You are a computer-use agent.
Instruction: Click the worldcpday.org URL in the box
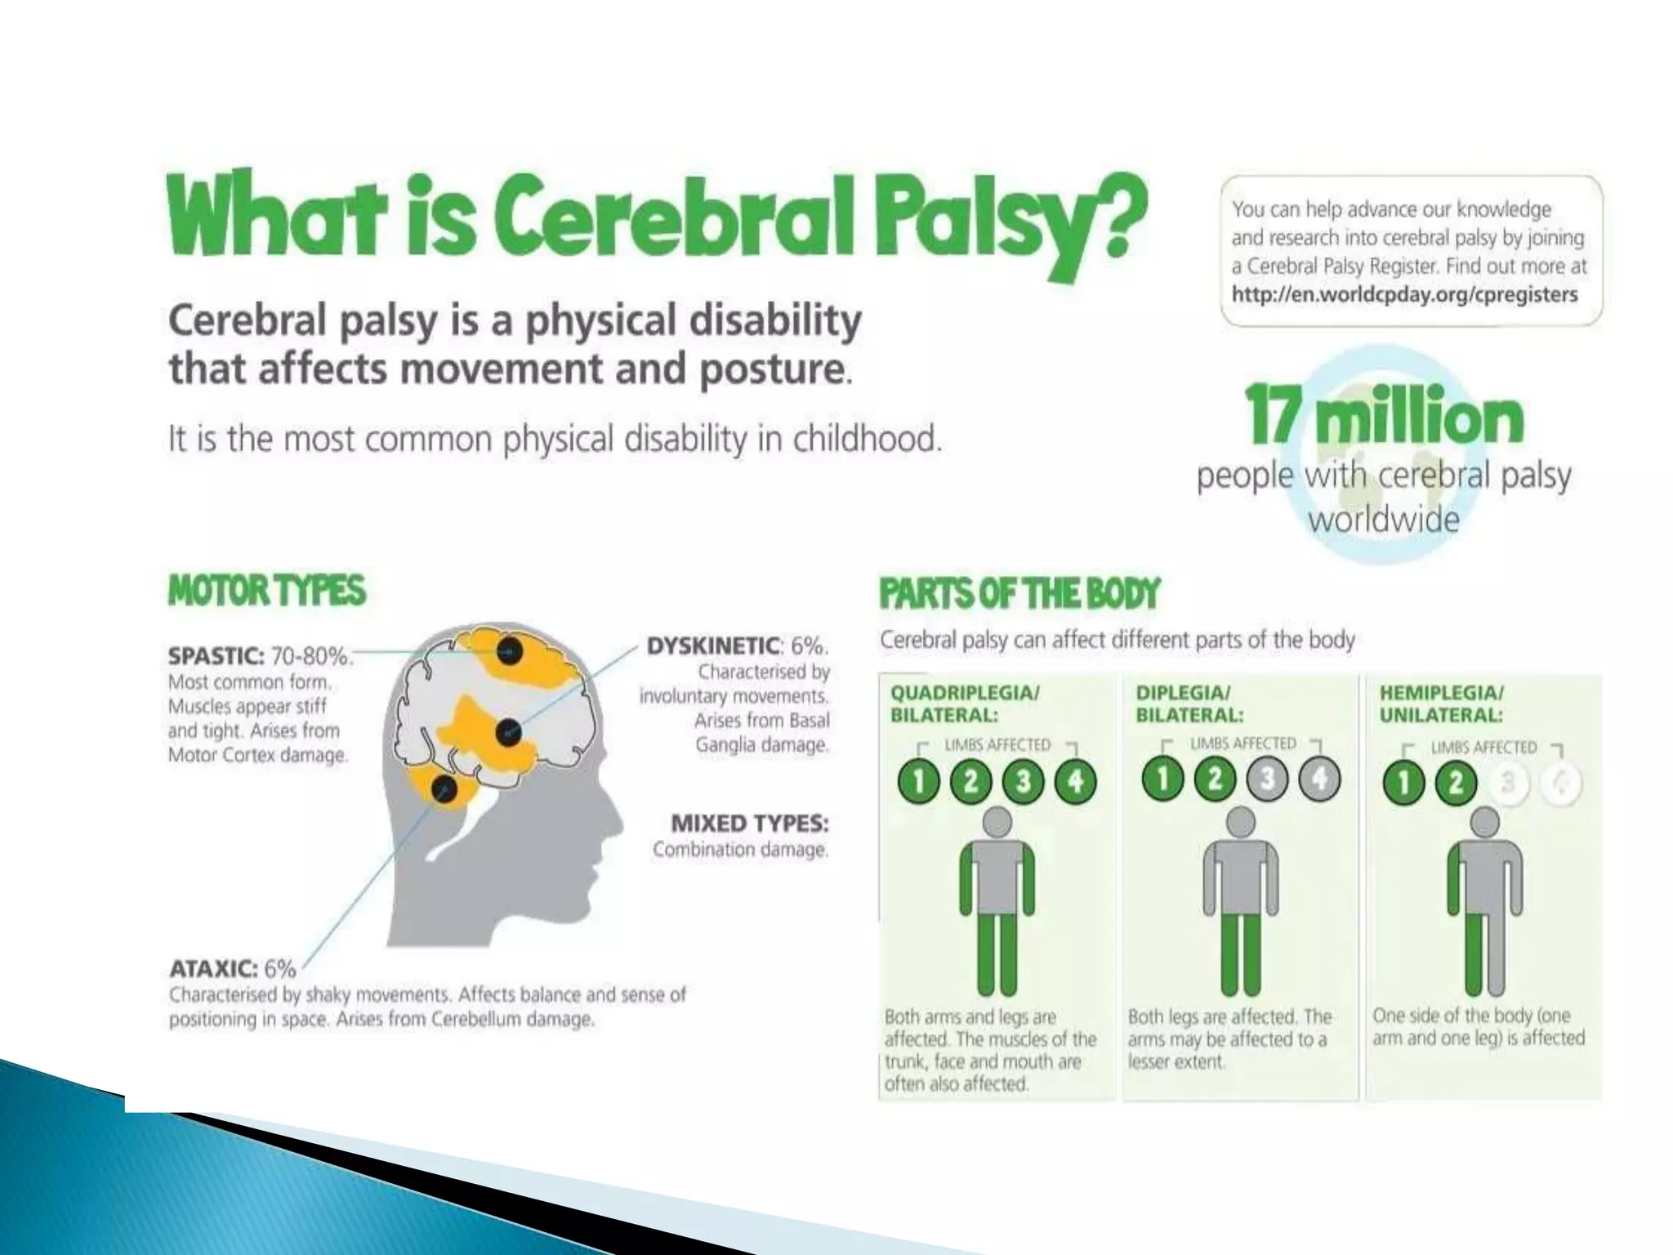[x=1404, y=294]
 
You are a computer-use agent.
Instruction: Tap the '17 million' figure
[x=1384, y=416]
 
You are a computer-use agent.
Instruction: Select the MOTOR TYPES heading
[x=266, y=591]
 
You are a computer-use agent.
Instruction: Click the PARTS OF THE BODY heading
[x=1019, y=593]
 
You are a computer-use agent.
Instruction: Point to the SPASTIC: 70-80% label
[x=259, y=656]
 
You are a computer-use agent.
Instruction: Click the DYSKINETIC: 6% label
[x=737, y=646]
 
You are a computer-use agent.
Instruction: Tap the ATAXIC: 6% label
[x=232, y=969]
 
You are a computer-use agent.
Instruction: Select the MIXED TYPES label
[x=749, y=822]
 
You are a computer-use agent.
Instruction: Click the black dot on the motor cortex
[x=509, y=651]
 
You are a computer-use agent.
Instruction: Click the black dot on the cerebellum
[x=444, y=789]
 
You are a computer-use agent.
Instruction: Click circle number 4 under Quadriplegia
[x=1075, y=782]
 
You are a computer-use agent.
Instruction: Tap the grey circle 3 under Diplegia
[x=1267, y=779]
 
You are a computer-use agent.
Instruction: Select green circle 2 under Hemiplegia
[x=1456, y=783]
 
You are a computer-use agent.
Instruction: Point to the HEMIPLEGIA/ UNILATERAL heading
[x=1441, y=703]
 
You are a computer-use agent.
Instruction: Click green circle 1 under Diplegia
[x=1162, y=779]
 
